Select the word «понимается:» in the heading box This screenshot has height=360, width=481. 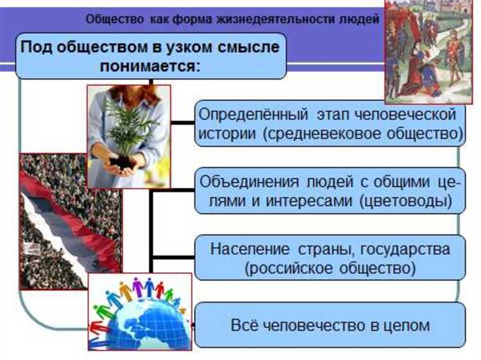(x=150, y=65)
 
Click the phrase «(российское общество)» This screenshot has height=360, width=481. (x=330, y=267)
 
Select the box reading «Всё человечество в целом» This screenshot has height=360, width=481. (x=330, y=325)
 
